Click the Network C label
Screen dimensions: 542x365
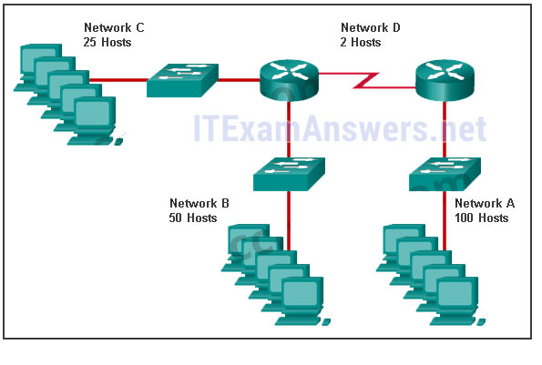click(x=114, y=27)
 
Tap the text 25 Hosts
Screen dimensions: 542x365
click(x=107, y=43)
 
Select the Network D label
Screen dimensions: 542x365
click(x=371, y=27)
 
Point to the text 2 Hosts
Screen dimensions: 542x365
click(x=361, y=43)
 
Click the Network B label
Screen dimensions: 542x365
click(x=199, y=203)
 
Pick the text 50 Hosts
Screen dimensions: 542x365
click(x=193, y=218)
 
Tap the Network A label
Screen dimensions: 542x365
click(x=485, y=203)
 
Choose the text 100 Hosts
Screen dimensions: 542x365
click(x=482, y=218)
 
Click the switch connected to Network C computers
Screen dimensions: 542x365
click(x=182, y=80)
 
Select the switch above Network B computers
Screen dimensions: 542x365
click(x=290, y=174)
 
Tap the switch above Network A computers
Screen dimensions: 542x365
click(x=445, y=174)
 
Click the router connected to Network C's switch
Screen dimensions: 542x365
click(x=289, y=80)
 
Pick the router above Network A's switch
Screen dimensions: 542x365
click(x=445, y=80)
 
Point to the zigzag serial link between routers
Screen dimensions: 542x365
click(x=366, y=80)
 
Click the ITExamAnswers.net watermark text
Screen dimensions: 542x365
click(x=340, y=128)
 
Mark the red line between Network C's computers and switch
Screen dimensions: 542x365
click(x=118, y=80)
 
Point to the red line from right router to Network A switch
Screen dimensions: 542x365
click(x=445, y=130)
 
